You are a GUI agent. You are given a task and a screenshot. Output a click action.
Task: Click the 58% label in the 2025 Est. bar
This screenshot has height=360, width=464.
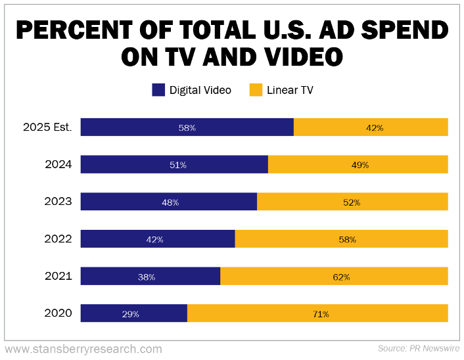click(187, 127)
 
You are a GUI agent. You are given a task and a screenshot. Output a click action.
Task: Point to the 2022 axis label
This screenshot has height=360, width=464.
click(58, 239)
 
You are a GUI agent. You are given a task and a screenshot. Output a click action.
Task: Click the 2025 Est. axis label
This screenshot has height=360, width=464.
click(48, 127)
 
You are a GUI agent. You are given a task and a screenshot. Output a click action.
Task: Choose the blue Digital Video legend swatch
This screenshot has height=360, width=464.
click(158, 90)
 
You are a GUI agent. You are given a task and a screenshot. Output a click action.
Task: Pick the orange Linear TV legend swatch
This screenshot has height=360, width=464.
click(256, 90)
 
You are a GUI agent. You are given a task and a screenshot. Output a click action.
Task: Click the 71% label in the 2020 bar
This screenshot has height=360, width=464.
click(321, 314)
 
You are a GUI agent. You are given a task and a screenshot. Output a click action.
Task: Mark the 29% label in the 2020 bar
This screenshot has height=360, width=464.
click(131, 314)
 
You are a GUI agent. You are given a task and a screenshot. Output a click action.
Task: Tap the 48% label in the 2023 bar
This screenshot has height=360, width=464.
click(170, 202)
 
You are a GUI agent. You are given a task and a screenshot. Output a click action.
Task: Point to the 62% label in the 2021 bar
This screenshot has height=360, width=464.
click(341, 277)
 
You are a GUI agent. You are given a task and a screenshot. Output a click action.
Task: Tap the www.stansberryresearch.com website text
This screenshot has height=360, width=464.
click(83, 349)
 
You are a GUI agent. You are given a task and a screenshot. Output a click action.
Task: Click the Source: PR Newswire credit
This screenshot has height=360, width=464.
click(419, 348)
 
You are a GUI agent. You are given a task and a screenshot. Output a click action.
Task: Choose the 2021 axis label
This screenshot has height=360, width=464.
click(58, 277)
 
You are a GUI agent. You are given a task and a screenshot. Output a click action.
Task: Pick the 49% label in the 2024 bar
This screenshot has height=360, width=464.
click(360, 165)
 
